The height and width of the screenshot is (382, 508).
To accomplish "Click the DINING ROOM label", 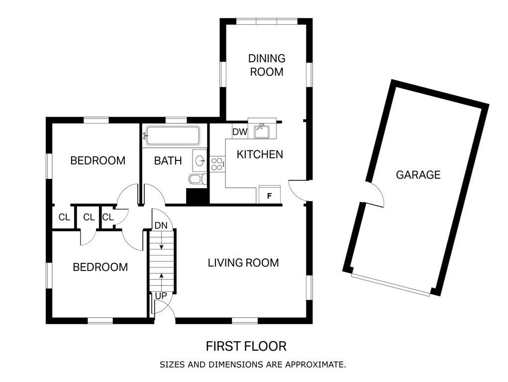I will [x=266, y=65].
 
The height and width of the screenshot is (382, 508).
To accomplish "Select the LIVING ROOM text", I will [x=243, y=262].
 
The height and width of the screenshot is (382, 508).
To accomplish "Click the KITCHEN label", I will [x=259, y=154].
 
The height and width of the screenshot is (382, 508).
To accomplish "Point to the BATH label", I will [x=167, y=161].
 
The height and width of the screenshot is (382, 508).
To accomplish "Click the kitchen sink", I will [x=261, y=131].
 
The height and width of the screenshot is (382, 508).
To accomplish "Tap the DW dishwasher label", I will [x=240, y=132].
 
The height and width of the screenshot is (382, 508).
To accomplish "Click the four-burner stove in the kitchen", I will [x=217, y=164].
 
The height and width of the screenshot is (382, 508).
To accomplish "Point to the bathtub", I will [x=172, y=135].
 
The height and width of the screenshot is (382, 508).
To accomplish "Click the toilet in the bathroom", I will [x=196, y=179].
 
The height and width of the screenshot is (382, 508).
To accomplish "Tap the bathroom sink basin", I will [x=201, y=160].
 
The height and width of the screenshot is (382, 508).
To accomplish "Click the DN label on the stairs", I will [x=161, y=225].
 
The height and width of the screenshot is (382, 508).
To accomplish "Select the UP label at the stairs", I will [x=161, y=296].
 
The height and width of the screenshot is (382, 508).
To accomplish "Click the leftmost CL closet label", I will [x=64, y=217].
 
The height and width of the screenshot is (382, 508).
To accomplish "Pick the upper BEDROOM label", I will [x=98, y=161].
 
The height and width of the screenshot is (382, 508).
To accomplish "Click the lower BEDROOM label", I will [x=100, y=267].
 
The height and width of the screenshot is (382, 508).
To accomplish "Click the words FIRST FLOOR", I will [x=246, y=346].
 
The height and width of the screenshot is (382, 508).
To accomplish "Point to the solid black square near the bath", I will [x=197, y=196].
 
